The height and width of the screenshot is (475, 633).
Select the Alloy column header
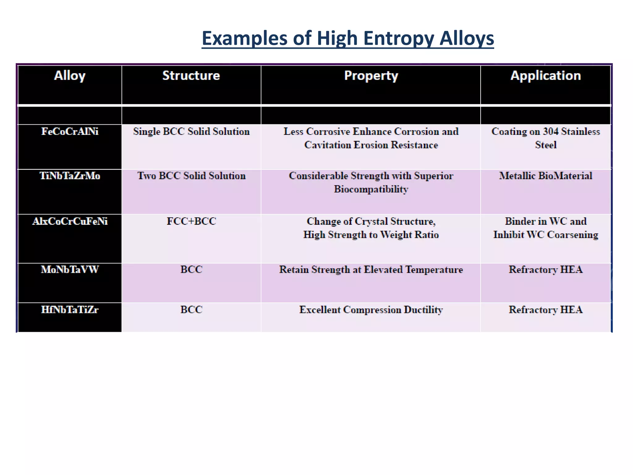(x=70, y=76)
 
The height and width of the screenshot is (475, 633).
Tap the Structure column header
(x=191, y=76)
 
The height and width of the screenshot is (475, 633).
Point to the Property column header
(x=371, y=76)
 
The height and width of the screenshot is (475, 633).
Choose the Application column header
(x=546, y=76)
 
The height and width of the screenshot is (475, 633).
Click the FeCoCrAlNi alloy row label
(x=70, y=132)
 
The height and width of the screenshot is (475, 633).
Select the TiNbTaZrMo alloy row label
(x=70, y=176)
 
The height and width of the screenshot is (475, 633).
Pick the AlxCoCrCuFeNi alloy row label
(x=70, y=221)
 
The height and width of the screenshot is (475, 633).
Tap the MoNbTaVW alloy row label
(x=70, y=270)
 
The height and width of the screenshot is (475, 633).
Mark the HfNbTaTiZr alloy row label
(x=70, y=310)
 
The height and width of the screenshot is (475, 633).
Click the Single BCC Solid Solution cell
(x=191, y=132)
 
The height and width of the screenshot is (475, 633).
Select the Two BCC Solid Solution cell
(x=191, y=176)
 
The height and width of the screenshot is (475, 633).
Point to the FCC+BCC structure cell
(x=191, y=221)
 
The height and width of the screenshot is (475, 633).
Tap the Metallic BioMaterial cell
(x=546, y=176)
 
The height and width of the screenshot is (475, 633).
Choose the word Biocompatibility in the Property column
(x=371, y=189)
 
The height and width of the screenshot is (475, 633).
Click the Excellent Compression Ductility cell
(x=371, y=310)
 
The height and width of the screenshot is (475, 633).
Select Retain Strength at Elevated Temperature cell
(x=371, y=270)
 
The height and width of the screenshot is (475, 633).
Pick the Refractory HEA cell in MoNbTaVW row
(x=546, y=270)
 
